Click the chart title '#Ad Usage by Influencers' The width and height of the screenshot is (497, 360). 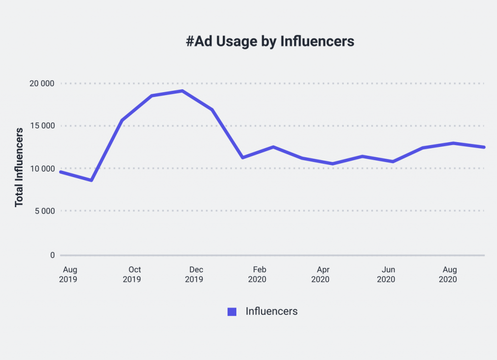[270, 42]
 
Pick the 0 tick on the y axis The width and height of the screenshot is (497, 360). [52, 255]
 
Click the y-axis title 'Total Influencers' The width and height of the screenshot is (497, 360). [19, 167]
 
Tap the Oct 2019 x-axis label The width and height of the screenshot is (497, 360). [132, 275]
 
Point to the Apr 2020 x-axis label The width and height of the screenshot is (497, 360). [320, 275]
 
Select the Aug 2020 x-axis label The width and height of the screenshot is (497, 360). [448, 275]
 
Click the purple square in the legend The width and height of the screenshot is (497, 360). [232, 312]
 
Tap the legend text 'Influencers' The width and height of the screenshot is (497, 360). [271, 311]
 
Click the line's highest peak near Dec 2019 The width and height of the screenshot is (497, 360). [182, 91]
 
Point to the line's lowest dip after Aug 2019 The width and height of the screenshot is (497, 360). [91, 180]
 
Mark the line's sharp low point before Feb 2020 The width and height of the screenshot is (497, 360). [242, 158]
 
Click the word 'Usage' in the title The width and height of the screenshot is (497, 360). [236, 42]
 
